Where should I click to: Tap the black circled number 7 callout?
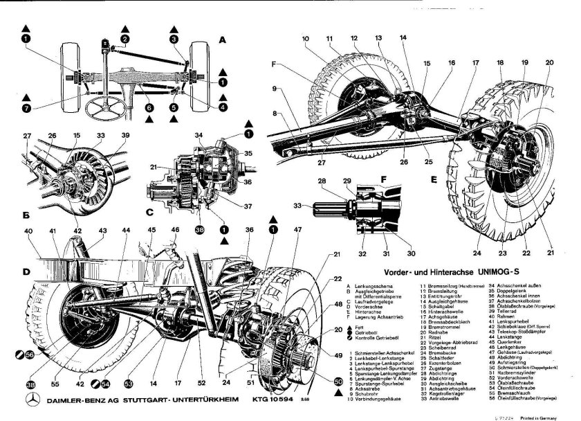tap(26, 108)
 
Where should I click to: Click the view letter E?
tap(434, 179)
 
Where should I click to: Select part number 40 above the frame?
tap(28, 231)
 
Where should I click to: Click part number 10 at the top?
tap(304, 38)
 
